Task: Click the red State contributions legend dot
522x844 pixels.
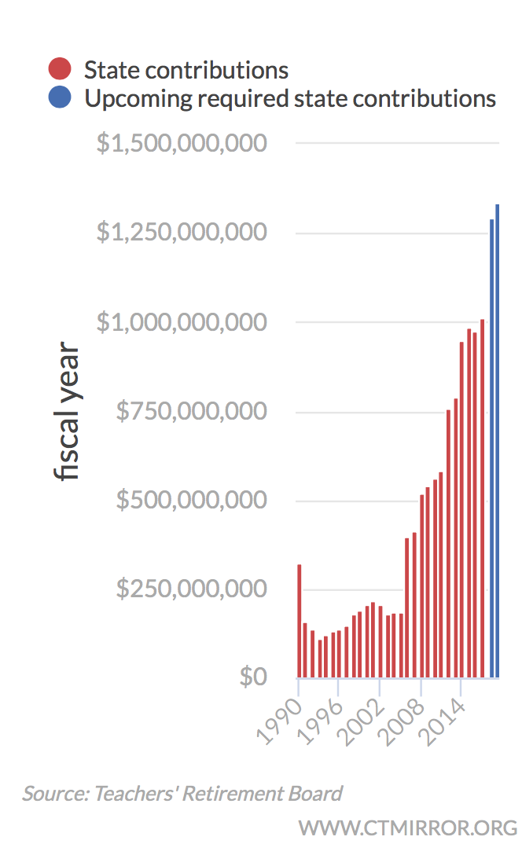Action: pyautogui.click(x=60, y=69)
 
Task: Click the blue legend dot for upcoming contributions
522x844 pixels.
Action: pyautogui.click(x=60, y=98)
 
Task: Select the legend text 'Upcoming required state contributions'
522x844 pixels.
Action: pyautogui.click(x=290, y=98)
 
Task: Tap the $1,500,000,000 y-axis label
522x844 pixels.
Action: pyautogui.click(x=182, y=144)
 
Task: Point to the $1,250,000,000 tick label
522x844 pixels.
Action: pyautogui.click(x=182, y=233)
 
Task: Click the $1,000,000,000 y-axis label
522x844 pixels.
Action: pyautogui.click(x=182, y=322)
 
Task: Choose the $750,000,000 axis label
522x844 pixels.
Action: pyautogui.click(x=191, y=411)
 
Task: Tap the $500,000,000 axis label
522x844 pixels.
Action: pyautogui.click(x=191, y=500)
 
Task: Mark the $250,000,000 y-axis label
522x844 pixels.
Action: pyautogui.click(x=191, y=589)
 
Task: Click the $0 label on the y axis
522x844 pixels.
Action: pyautogui.click(x=254, y=677)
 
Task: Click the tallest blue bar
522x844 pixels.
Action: pyautogui.click(x=498, y=440)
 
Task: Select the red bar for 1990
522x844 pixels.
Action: pyautogui.click(x=300, y=621)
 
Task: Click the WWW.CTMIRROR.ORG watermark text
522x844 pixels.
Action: pyautogui.click(x=407, y=827)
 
